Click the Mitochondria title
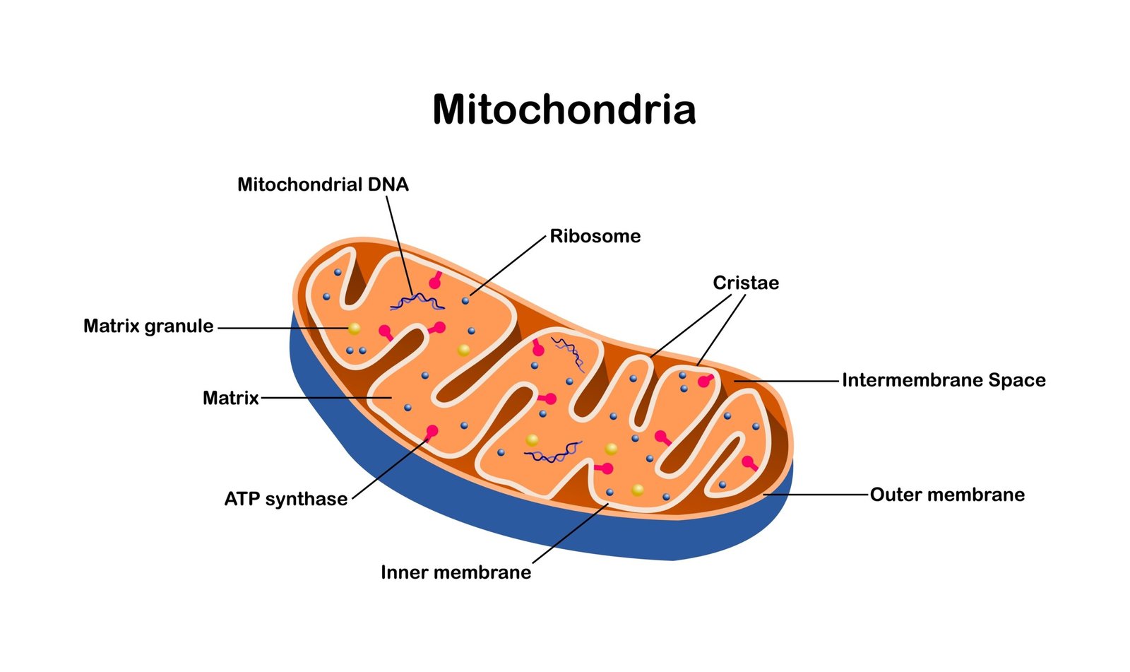[564, 110]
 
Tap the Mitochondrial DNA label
[323, 184]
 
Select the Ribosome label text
[595, 236]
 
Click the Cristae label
[746, 283]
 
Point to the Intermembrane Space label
[944, 380]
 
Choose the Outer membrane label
[947, 495]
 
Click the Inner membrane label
[456, 572]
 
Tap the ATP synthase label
[285, 499]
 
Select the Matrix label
[231, 398]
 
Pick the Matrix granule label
[148, 326]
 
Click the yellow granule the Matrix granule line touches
[354, 329]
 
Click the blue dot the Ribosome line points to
[465, 300]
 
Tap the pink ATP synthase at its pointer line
[432, 431]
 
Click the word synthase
[307, 499]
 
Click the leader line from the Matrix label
[325, 398]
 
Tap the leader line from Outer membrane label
[819, 495]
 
